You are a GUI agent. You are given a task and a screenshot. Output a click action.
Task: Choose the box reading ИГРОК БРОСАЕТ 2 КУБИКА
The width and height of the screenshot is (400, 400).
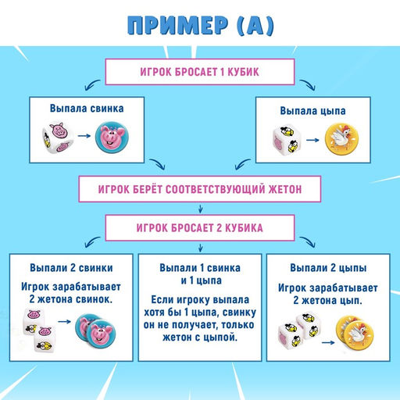(201, 228)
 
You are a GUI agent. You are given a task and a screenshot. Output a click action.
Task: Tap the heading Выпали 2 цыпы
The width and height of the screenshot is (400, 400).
(330, 267)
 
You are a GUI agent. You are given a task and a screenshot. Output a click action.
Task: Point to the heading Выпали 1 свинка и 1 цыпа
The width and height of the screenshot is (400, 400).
(199, 273)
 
